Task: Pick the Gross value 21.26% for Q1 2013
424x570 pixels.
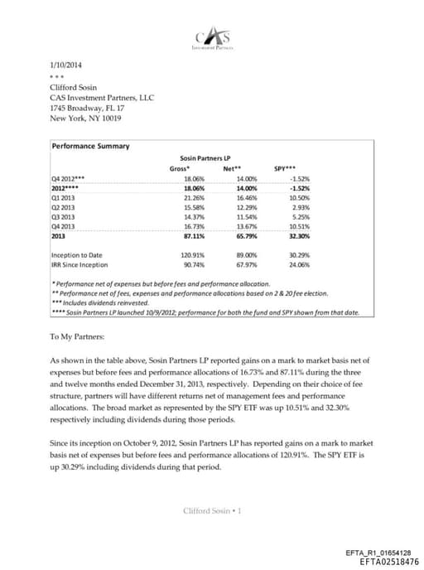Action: coord(192,198)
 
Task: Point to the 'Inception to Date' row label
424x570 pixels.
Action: coord(76,255)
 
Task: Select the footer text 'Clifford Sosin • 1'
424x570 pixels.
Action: coord(212,510)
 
